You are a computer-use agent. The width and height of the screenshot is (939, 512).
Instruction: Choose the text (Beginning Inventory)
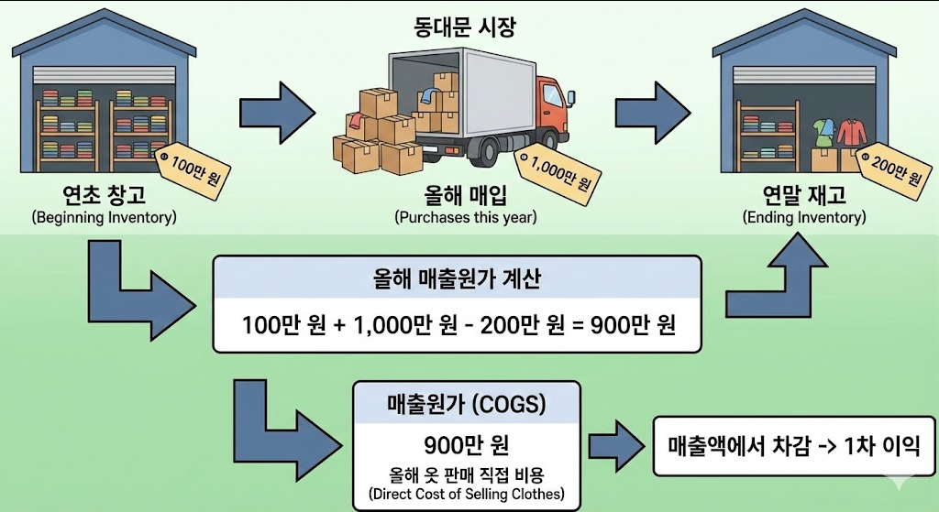[104, 218]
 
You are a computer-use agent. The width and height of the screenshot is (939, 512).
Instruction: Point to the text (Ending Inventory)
[803, 218]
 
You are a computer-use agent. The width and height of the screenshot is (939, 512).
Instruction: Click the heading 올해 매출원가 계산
[458, 279]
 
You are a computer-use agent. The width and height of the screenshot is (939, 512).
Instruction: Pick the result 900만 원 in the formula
[632, 324]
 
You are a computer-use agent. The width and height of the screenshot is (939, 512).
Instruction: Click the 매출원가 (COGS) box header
[467, 404]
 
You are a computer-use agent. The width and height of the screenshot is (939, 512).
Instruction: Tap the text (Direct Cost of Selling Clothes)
[467, 496]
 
